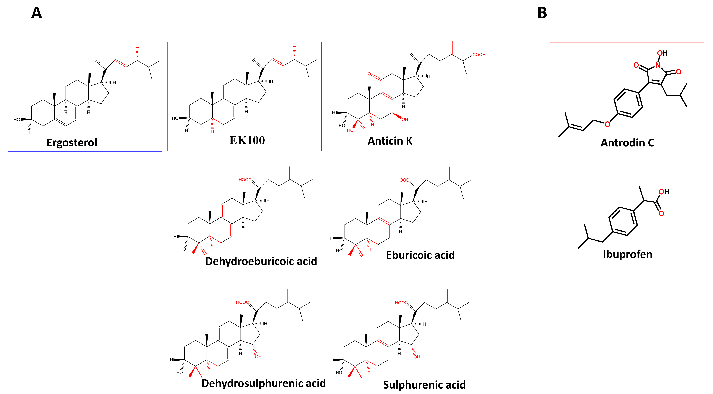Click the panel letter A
pyautogui.click(x=37, y=13)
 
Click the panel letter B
pyautogui.click(x=542, y=13)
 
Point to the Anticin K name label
pyautogui.click(x=390, y=141)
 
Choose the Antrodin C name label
pyautogui.click(x=627, y=143)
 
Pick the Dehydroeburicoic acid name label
pyautogui.click(x=261, y=261)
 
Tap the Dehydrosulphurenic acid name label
pyautogui.click(x=264, y=383)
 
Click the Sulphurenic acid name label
pyautogui.click(x=424, y=385)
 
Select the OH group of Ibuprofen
pyautogui.click(x=664, y=192)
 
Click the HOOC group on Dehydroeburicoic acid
pyautogui.click(x=245, y=180)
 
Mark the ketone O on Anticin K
pyautogui.click(x=369, y=74)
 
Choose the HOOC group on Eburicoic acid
pyautogui.click(x=403, y=180)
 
